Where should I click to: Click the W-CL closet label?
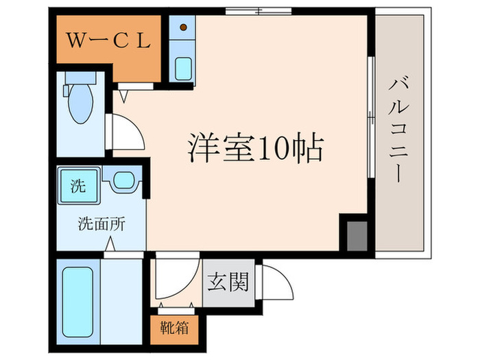pyautogui.click(x=108, y=40)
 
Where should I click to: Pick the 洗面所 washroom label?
pyautogui.click(x=101, y=223)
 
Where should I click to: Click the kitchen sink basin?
pyautogui.click(x=184, y=69)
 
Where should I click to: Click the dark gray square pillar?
pyautogui.click(x=356, y=235)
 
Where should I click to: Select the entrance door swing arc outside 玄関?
pyautogui.click(x=274, y=280)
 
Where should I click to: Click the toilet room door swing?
pyautogui.click(x=127, y=130)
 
